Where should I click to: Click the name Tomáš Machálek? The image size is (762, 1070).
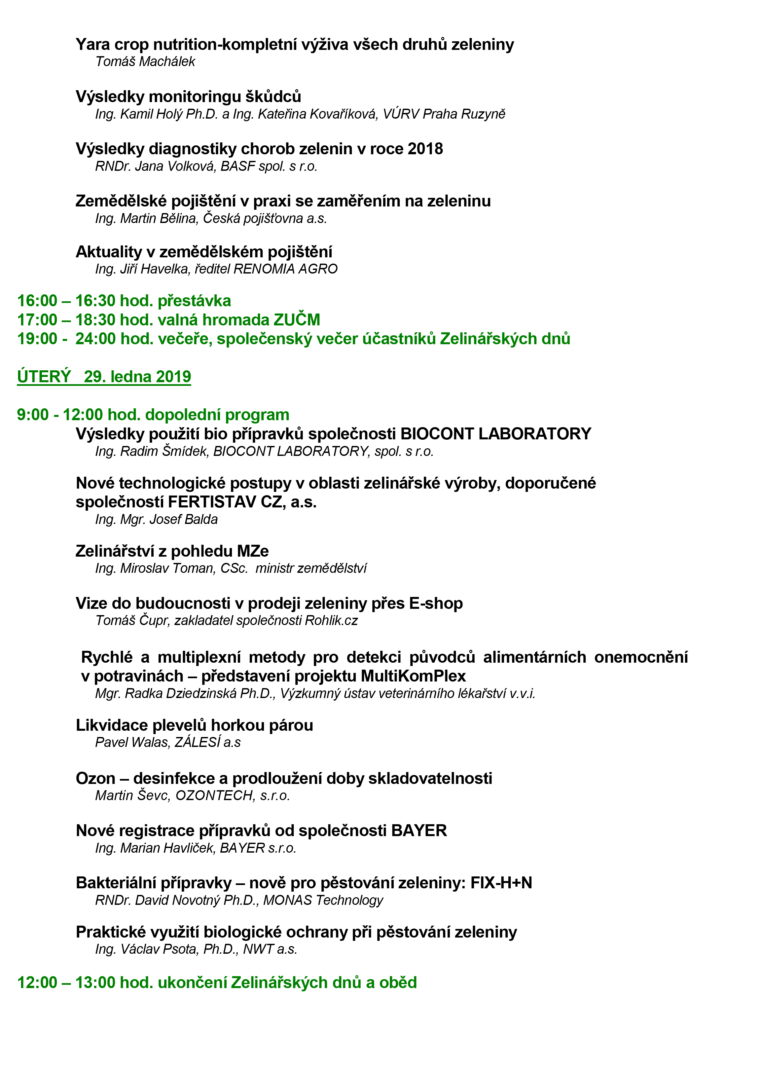tap(145, 61)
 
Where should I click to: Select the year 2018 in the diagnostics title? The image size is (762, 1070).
tap(425, 149)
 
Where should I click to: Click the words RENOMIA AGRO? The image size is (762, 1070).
tap(285, 269)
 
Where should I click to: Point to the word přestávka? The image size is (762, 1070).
tap(194, 301)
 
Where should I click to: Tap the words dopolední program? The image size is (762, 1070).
tap(217, 415)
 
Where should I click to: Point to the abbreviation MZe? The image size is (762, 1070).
tap(253, 551)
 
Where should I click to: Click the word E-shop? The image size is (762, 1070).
tap(436, 604)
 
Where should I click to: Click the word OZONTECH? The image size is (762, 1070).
tap(214, 795)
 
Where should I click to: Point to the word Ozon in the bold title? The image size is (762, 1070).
tap(95, 779)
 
